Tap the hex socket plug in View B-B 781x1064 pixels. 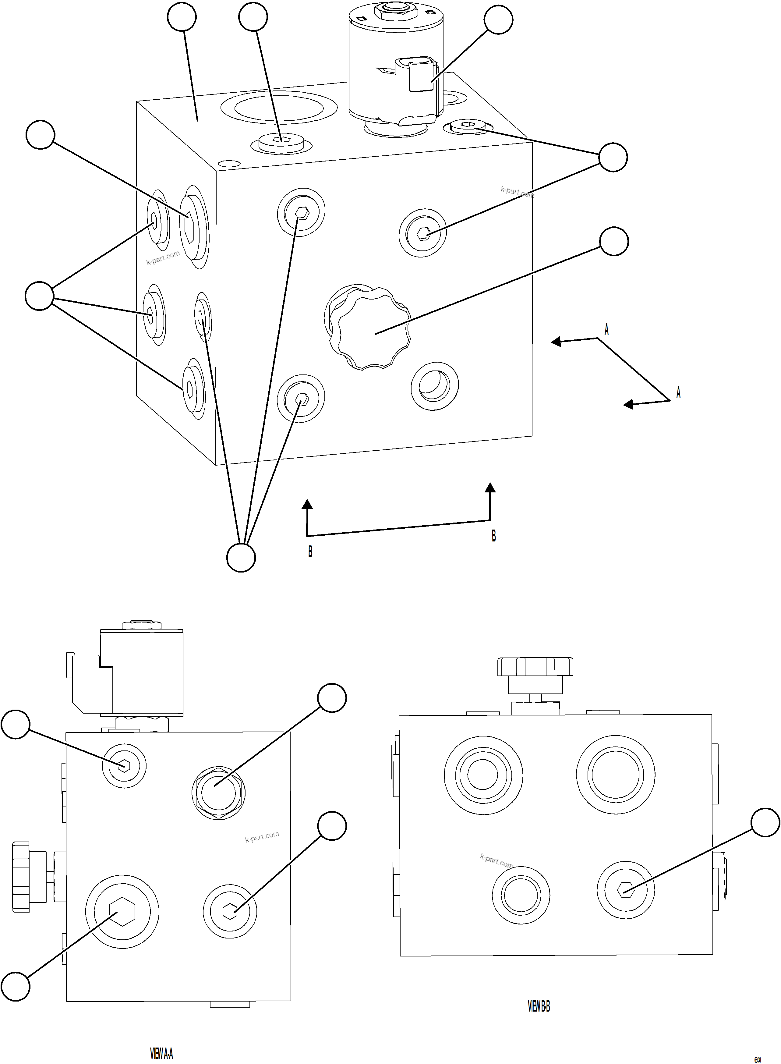625,889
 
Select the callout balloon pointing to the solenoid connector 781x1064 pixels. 498,20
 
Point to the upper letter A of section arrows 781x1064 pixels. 606,330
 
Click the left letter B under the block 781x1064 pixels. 310,552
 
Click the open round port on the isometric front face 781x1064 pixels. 434,386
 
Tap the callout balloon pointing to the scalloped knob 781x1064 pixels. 614,241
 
